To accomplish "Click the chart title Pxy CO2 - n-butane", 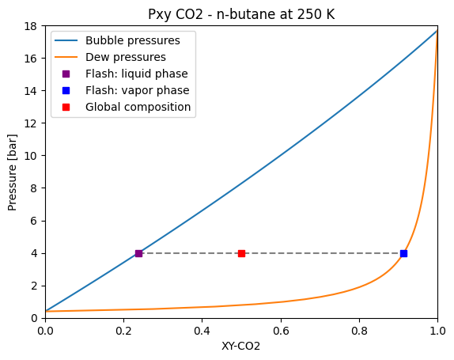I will tap(241, 15).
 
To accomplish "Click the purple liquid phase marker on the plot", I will tap(138, 253).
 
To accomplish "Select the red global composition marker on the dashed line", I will tap(241, 253).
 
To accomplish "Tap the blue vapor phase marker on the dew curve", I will tap(403, 253).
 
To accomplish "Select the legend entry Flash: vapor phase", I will tap(137, 90).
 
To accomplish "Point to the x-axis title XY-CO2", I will tap(241, 347).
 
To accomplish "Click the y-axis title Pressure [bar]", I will tap(13, 172).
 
